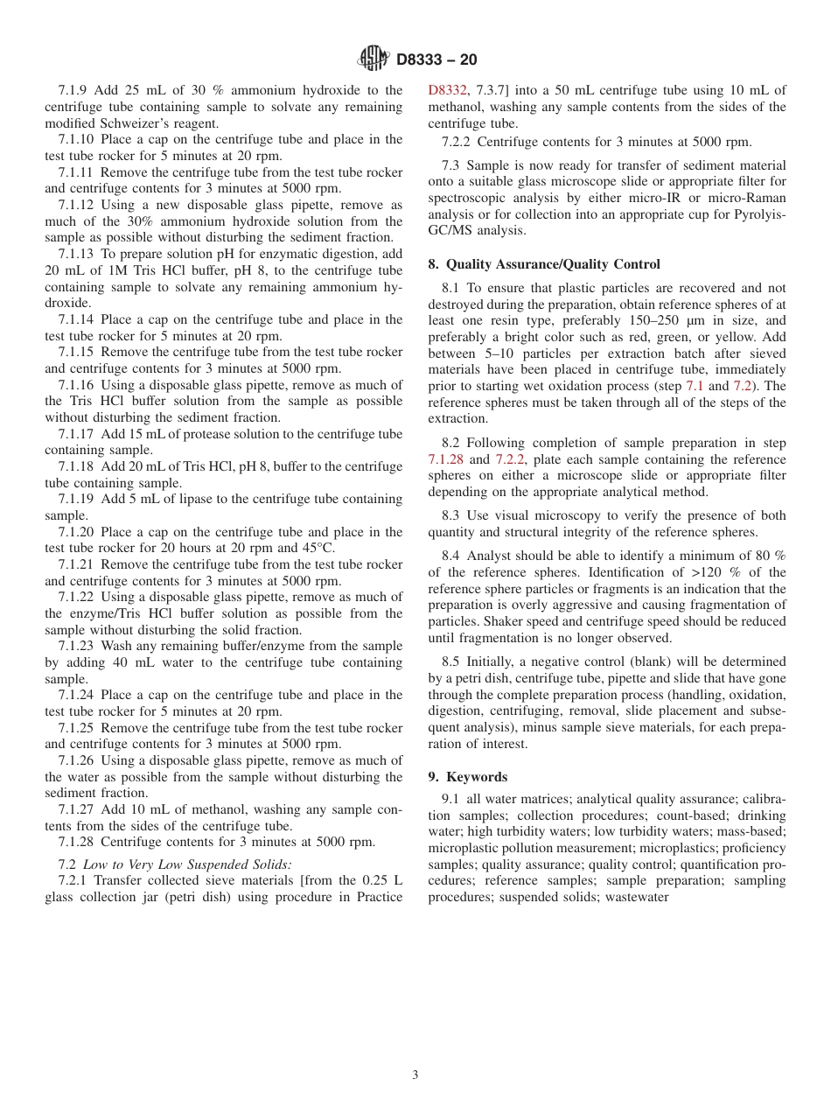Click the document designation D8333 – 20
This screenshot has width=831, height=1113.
point(436,60)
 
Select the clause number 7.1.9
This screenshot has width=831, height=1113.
point(76,90)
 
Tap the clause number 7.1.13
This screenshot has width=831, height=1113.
point(80,254)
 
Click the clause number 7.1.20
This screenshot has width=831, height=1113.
point(80,532)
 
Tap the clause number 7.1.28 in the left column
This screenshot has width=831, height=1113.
point(80,842)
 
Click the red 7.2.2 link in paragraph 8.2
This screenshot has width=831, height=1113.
point(510,459)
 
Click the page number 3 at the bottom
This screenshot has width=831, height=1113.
point(415,1075)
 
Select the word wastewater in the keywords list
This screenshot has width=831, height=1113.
point(637,897)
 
